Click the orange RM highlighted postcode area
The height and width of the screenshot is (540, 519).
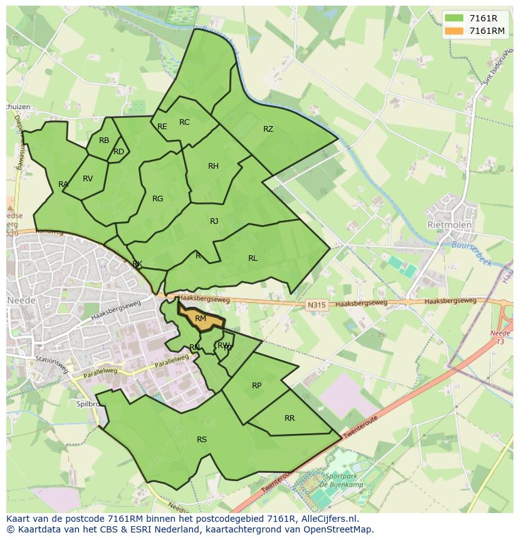click(201, 319)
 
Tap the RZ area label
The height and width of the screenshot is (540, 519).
click(268, 129)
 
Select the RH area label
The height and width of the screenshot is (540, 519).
click(213, 166)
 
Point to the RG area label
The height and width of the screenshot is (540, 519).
click(157, 199)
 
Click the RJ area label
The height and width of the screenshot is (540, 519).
click(214, 221)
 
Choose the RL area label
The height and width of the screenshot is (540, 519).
click(253, 258)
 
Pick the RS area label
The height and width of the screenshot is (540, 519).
click(202, 440)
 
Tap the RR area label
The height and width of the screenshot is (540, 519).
click(290, 418)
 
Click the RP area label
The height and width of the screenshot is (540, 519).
click(256, 386)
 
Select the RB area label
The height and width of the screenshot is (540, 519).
click(104, 140)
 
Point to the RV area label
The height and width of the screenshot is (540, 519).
click(88, 179)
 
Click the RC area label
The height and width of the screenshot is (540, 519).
click(184, 122)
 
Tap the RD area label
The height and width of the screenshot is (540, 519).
click(118, 152)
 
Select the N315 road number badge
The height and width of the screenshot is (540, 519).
click(317, 305)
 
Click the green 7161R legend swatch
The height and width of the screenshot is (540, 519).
click(454, 18)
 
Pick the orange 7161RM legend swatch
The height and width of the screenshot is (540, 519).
click(454, 31)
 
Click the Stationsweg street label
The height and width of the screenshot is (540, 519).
click(51, 364)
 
